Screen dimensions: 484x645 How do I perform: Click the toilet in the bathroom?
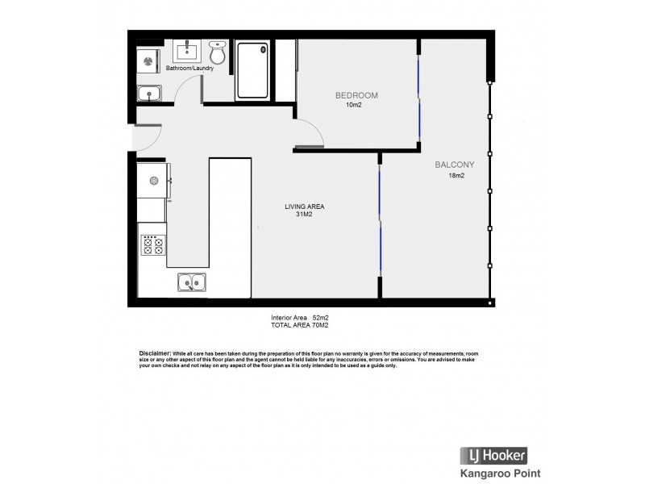pyautogui.click(x=217, y=53)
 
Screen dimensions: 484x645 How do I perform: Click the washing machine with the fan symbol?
pyautogui.click(x=148, y=60)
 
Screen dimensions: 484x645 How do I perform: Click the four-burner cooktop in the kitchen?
pyautogui.click(x=152, y=244)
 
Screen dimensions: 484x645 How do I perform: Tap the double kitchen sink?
pyautogui.click(x=192, y=282)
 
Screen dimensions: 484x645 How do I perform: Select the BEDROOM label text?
pyautogui.click(x=356, y=95)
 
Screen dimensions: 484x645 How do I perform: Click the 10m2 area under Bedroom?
pyautogui.click(x=353, y=105)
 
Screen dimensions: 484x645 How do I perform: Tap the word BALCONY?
pyautogui.click(x=455, y=165)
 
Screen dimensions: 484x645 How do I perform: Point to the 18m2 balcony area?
pyautogui.click(x=456, y=176)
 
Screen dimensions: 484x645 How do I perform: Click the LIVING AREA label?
pyautogui.click(x=305, y=207)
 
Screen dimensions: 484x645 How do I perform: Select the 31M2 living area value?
pyautogui.click(x=305, y=215)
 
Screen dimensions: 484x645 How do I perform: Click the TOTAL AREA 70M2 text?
pyautogui.click(x=299, y=325)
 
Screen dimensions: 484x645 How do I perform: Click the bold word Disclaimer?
pyautogui.click(x=155, y=353)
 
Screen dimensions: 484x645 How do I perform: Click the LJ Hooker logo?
pyautogui.click(x=493, y=454)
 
